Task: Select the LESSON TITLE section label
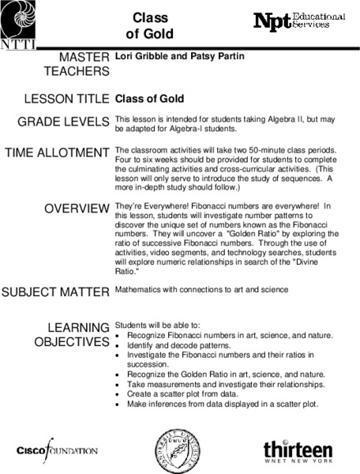[68, 100]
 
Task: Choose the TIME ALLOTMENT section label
[57, 152]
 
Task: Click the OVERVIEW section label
[77, 209]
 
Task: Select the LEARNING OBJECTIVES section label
[73, 334]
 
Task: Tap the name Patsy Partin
[212, 58]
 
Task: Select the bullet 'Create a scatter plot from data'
[182, 393]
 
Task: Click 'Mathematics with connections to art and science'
[201, 289]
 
